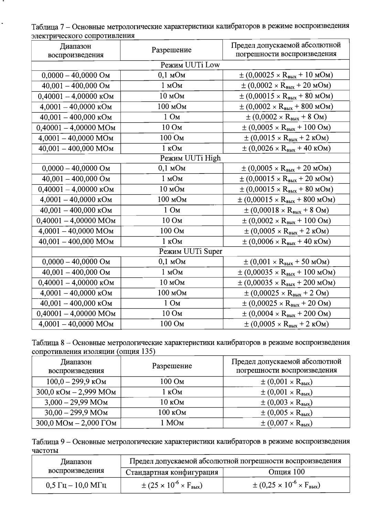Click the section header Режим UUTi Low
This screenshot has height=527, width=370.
[190, 65]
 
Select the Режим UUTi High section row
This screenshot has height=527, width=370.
[190, 158]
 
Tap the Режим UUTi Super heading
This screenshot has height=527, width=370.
[190, 251]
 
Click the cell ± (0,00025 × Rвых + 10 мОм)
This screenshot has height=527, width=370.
[286, 75]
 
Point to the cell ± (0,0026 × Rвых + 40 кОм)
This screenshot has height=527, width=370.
[286, 148]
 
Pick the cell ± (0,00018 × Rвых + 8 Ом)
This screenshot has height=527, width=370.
[286, 210]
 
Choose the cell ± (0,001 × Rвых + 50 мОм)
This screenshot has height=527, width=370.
[286, 262]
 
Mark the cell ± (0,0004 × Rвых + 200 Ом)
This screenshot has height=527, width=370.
[286, 313]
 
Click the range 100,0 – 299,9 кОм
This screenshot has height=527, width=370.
[76, 382]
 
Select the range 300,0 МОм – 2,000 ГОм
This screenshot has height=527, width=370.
[76, 423]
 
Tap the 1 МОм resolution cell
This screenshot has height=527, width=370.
[172, 423]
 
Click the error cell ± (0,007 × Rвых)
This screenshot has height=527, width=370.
[286, 423]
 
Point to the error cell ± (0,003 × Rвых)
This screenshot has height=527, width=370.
[286, 402]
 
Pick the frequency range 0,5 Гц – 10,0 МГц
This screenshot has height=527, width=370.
[76, 485]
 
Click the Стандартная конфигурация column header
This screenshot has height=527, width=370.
[172, 472]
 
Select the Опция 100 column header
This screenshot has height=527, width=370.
[286, 472]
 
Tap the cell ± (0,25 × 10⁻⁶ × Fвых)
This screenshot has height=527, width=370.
[286, 485]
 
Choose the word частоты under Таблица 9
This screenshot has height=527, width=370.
[45, 450]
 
